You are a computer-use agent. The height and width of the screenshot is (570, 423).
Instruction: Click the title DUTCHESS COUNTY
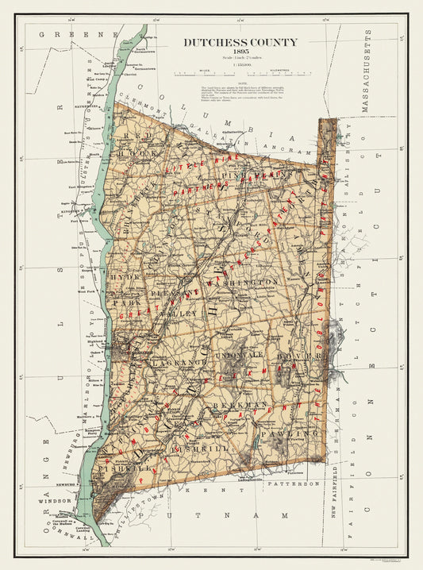pos(241,42)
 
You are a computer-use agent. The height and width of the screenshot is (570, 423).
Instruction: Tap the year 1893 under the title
pos(241,52)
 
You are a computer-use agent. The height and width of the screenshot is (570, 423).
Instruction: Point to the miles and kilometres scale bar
pos(241,72)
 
